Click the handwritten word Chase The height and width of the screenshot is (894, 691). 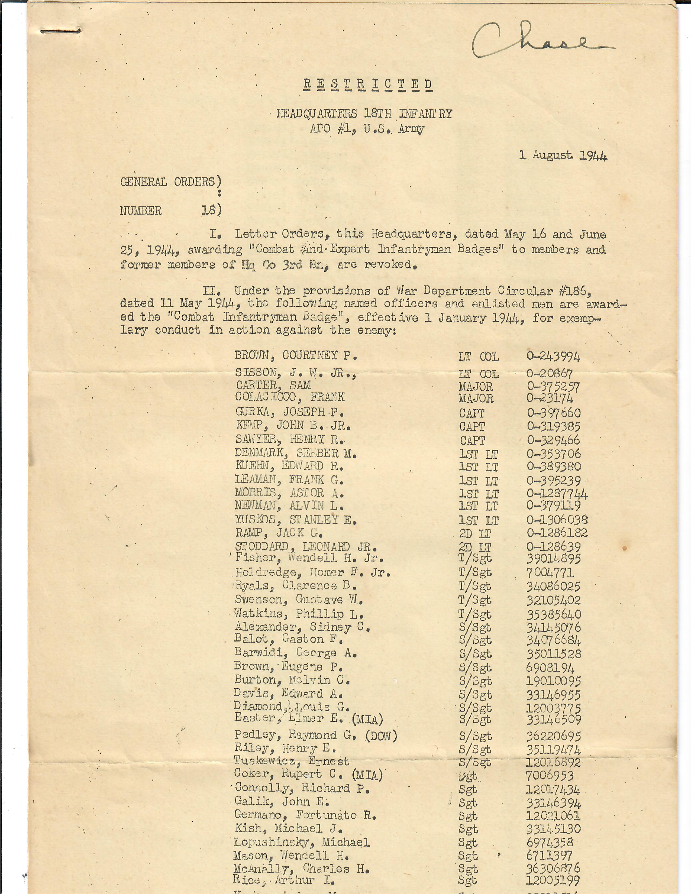tap(540, 41)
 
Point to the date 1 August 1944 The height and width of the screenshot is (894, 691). tap(563, 156)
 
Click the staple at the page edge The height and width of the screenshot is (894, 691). tap(62, 31)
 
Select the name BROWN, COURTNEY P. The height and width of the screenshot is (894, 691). tap(296, 355)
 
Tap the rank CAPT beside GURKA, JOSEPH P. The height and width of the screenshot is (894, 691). tap(472, 413)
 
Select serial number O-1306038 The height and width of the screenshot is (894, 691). tap(557, 520)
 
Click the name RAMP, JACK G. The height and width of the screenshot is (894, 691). tap(279, 533)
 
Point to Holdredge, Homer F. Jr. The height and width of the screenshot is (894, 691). tap(312, 572)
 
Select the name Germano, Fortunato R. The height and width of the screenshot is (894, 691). tap(305, 815)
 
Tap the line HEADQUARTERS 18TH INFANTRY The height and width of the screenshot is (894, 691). tap(364, 114)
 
